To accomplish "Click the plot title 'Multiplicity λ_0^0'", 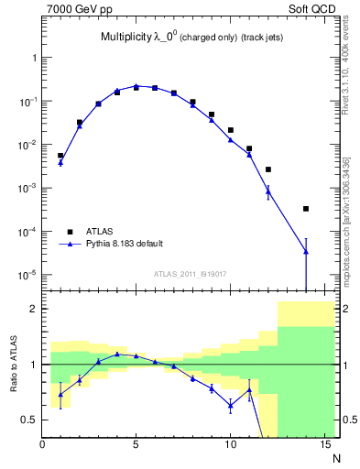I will (x=137, y=38).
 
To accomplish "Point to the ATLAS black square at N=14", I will (x=305, y=209).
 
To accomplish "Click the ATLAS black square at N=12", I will (x=267, y=169).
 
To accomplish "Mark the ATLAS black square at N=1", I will (x=60, y=156).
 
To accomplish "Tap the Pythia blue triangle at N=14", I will (x=305, y=251).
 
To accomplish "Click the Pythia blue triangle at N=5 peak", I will (x=136, y=86).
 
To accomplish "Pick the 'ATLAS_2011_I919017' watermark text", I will (x=183, y=273).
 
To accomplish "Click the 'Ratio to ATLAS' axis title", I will (x=13, y=365).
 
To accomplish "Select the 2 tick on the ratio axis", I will (x=34, y=309).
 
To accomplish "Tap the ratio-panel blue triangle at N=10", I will (x=230, y=405).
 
